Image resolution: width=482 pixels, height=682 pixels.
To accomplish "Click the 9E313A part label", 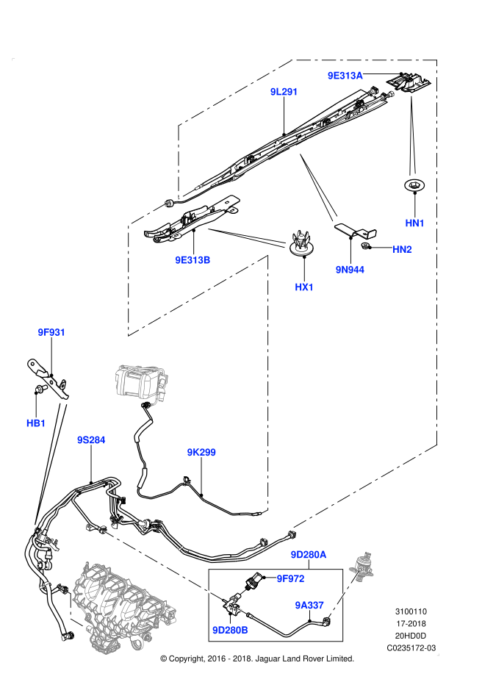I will (345, 76).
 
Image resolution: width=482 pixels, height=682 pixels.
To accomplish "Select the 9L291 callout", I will (284, 92).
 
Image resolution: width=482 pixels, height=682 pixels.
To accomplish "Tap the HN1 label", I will (414, 223).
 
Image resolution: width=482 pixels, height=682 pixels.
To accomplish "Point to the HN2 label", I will (402, 250).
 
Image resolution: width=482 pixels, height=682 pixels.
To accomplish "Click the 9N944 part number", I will (350, 270).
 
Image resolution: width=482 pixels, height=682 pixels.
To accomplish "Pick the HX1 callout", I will (304, 287).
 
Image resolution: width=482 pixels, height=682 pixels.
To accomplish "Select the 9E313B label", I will (193, 260).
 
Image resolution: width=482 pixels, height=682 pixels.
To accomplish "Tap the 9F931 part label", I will (51, 332).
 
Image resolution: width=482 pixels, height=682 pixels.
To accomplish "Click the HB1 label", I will (36, 423).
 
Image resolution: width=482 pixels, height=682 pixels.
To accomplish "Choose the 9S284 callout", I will (91, 440).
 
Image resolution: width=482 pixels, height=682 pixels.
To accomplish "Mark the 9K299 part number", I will (201, 453).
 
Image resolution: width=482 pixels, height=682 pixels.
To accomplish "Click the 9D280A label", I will (308, 555).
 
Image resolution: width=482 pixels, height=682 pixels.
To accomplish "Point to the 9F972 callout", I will (290, 579).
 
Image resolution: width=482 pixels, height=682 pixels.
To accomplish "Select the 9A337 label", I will (309, 606).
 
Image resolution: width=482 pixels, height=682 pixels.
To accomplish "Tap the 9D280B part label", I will (230, 631).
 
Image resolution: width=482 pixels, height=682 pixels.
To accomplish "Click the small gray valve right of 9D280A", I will (362, 565).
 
